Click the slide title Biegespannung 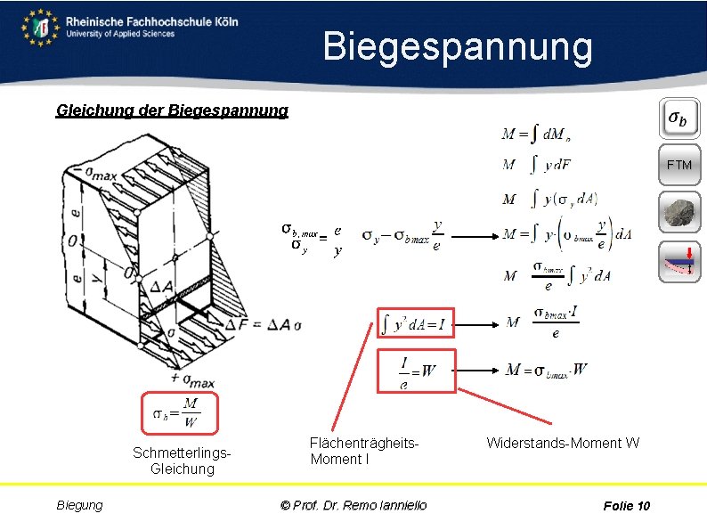click(x=457, y=46)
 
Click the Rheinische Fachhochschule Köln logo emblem click(x=40, y=27)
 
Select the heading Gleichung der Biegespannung click(x=172, y=110)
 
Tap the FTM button click(x=679, y=165)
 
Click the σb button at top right click(x=679, y=119)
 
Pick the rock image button click(x=679, y=214)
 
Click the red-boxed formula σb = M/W click(x=178, y=412)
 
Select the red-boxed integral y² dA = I click(x=416, y=323)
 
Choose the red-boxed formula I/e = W click(x=416, y=370)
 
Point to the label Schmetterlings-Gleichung click(x=182, y=461)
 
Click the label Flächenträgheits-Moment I click(x=364, y=451)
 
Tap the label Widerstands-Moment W click(x=563, y=443)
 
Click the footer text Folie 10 click(x=626, y=506)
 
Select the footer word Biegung click(x=80, y=505)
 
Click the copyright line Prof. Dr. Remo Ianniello click(x=353, y=505)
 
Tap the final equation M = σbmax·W click(x=546, y=370)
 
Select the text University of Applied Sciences click(x=120, y=34)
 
